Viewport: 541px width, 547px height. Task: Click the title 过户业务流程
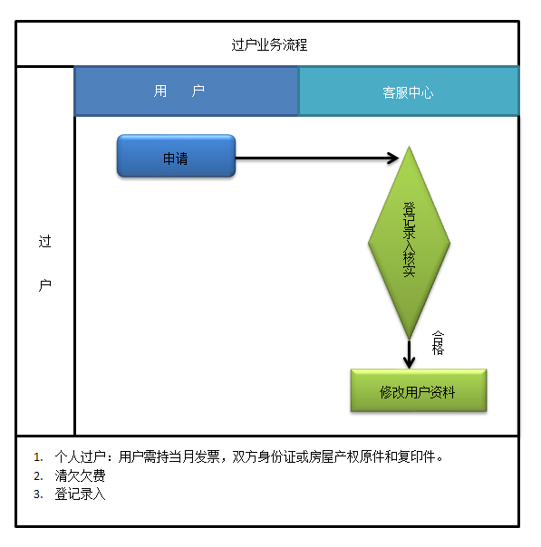tap(269, 44)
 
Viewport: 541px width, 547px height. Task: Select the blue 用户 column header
tap(187, 91)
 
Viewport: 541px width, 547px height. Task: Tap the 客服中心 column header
tap(409, 91)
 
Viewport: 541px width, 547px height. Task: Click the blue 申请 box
tap(177, 156)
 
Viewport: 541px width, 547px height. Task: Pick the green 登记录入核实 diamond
tap(409, 243)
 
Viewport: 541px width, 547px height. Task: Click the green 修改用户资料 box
tap(419, 390)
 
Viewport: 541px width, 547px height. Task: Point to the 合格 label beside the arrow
tap(438, 343)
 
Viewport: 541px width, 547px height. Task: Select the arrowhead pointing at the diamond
tap(393, 158)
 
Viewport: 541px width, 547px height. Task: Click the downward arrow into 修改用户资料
tap(409, 354)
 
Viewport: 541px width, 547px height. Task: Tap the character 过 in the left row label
tap(45, 242)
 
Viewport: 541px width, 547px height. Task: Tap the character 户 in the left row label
tap(45, 285)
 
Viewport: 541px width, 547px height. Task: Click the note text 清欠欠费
tap(81, 475)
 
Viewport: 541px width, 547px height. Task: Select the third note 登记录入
tap(81, 494)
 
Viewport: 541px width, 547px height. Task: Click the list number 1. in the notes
tap(38, 457)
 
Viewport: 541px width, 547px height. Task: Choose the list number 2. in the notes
tap(38, 475)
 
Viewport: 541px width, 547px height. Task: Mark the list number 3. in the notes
tap(38, 494)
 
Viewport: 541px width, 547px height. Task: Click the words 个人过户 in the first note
tap(81, 456)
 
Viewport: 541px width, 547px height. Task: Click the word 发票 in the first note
tap(207, 456)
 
